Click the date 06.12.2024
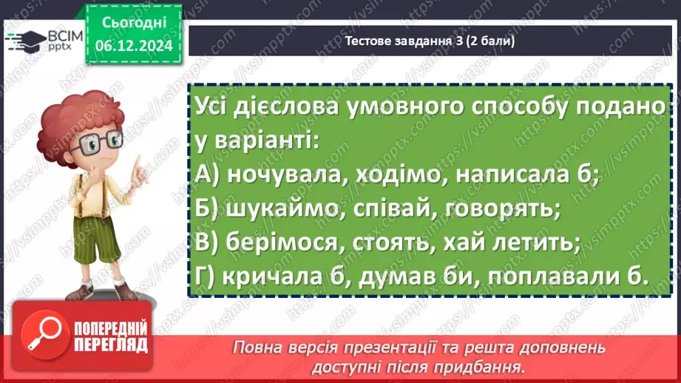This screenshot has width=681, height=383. [x=134, y=46]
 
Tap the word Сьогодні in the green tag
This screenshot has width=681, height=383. [x=134, y=23]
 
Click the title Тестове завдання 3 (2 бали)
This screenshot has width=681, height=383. [x=430, y=41]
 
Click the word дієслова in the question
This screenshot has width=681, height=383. [x=285, y=106]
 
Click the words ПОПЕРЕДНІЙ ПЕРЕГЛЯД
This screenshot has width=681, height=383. [x=111, y=336]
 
